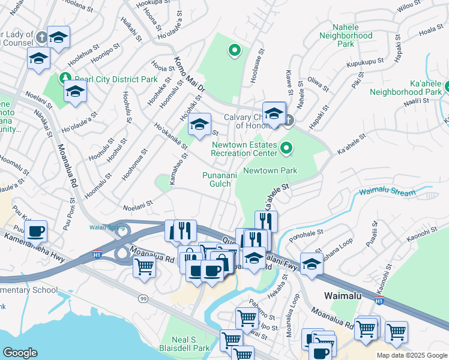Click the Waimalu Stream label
pyautogui.click(x=387, y=193)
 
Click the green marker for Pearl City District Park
pyautogui.click(x=64, y=77)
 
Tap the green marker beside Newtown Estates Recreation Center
pyautogui.click(x=287, y=146)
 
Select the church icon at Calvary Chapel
pyautogui.click(x=289, y=120)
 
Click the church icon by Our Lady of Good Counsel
pyautogui.click(x=41, y=37)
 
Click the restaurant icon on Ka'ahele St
pyautogui.click(x=266, y=221)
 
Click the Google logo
pyautogui.click(x=20, y=353)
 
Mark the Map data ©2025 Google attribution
pyautogui.click(x=411, y=355)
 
